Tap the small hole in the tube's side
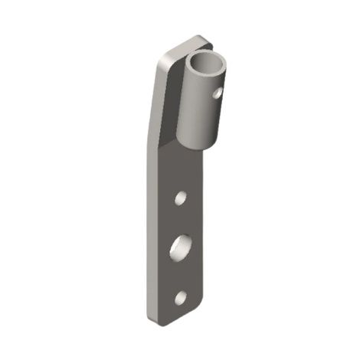click(218, 93)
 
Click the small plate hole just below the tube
click(181, 198)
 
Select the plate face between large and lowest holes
click(182, 276)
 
